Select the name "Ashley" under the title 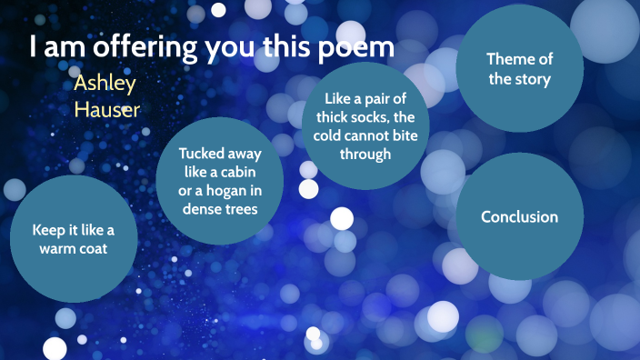(105, 84)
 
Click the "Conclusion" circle (519, 217)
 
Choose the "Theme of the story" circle (519, 68)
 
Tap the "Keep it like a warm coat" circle (74, 238)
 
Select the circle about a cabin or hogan (219, 181)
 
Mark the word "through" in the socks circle (365, 154)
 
